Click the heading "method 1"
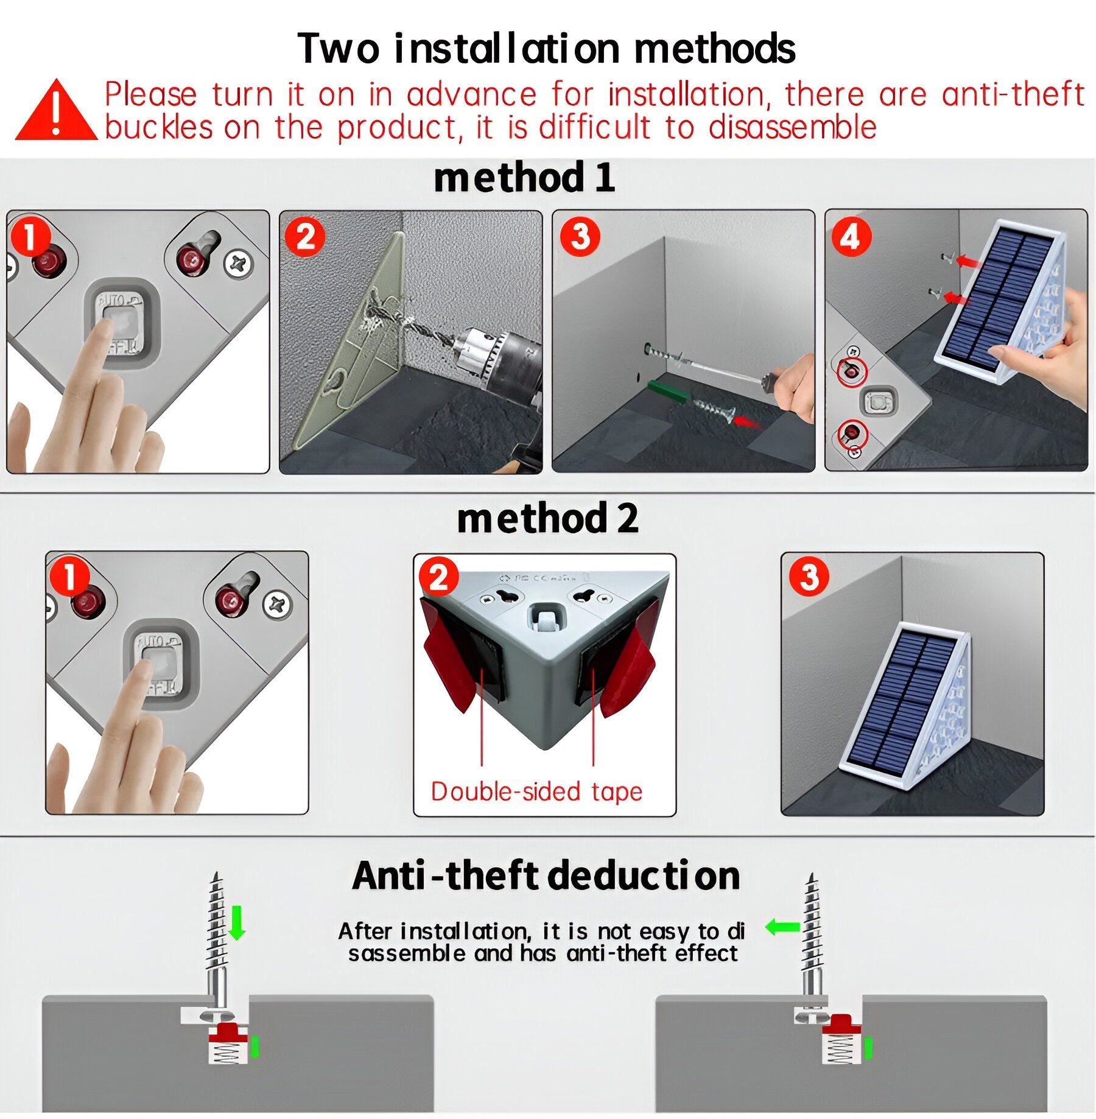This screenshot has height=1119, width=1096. (524, 178)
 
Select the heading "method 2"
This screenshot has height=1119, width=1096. (547, 519)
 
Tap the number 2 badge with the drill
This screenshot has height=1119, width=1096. (305, 236)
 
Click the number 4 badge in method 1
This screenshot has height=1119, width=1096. (851, 236)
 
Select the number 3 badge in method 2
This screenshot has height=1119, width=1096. (809, 577)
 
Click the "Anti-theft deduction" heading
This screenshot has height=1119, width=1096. (546, 875)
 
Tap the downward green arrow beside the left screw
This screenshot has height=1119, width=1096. (237, 922)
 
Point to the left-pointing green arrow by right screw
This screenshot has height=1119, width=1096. (782, 927)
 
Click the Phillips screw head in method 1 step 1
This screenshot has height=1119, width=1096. (237, 264)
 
